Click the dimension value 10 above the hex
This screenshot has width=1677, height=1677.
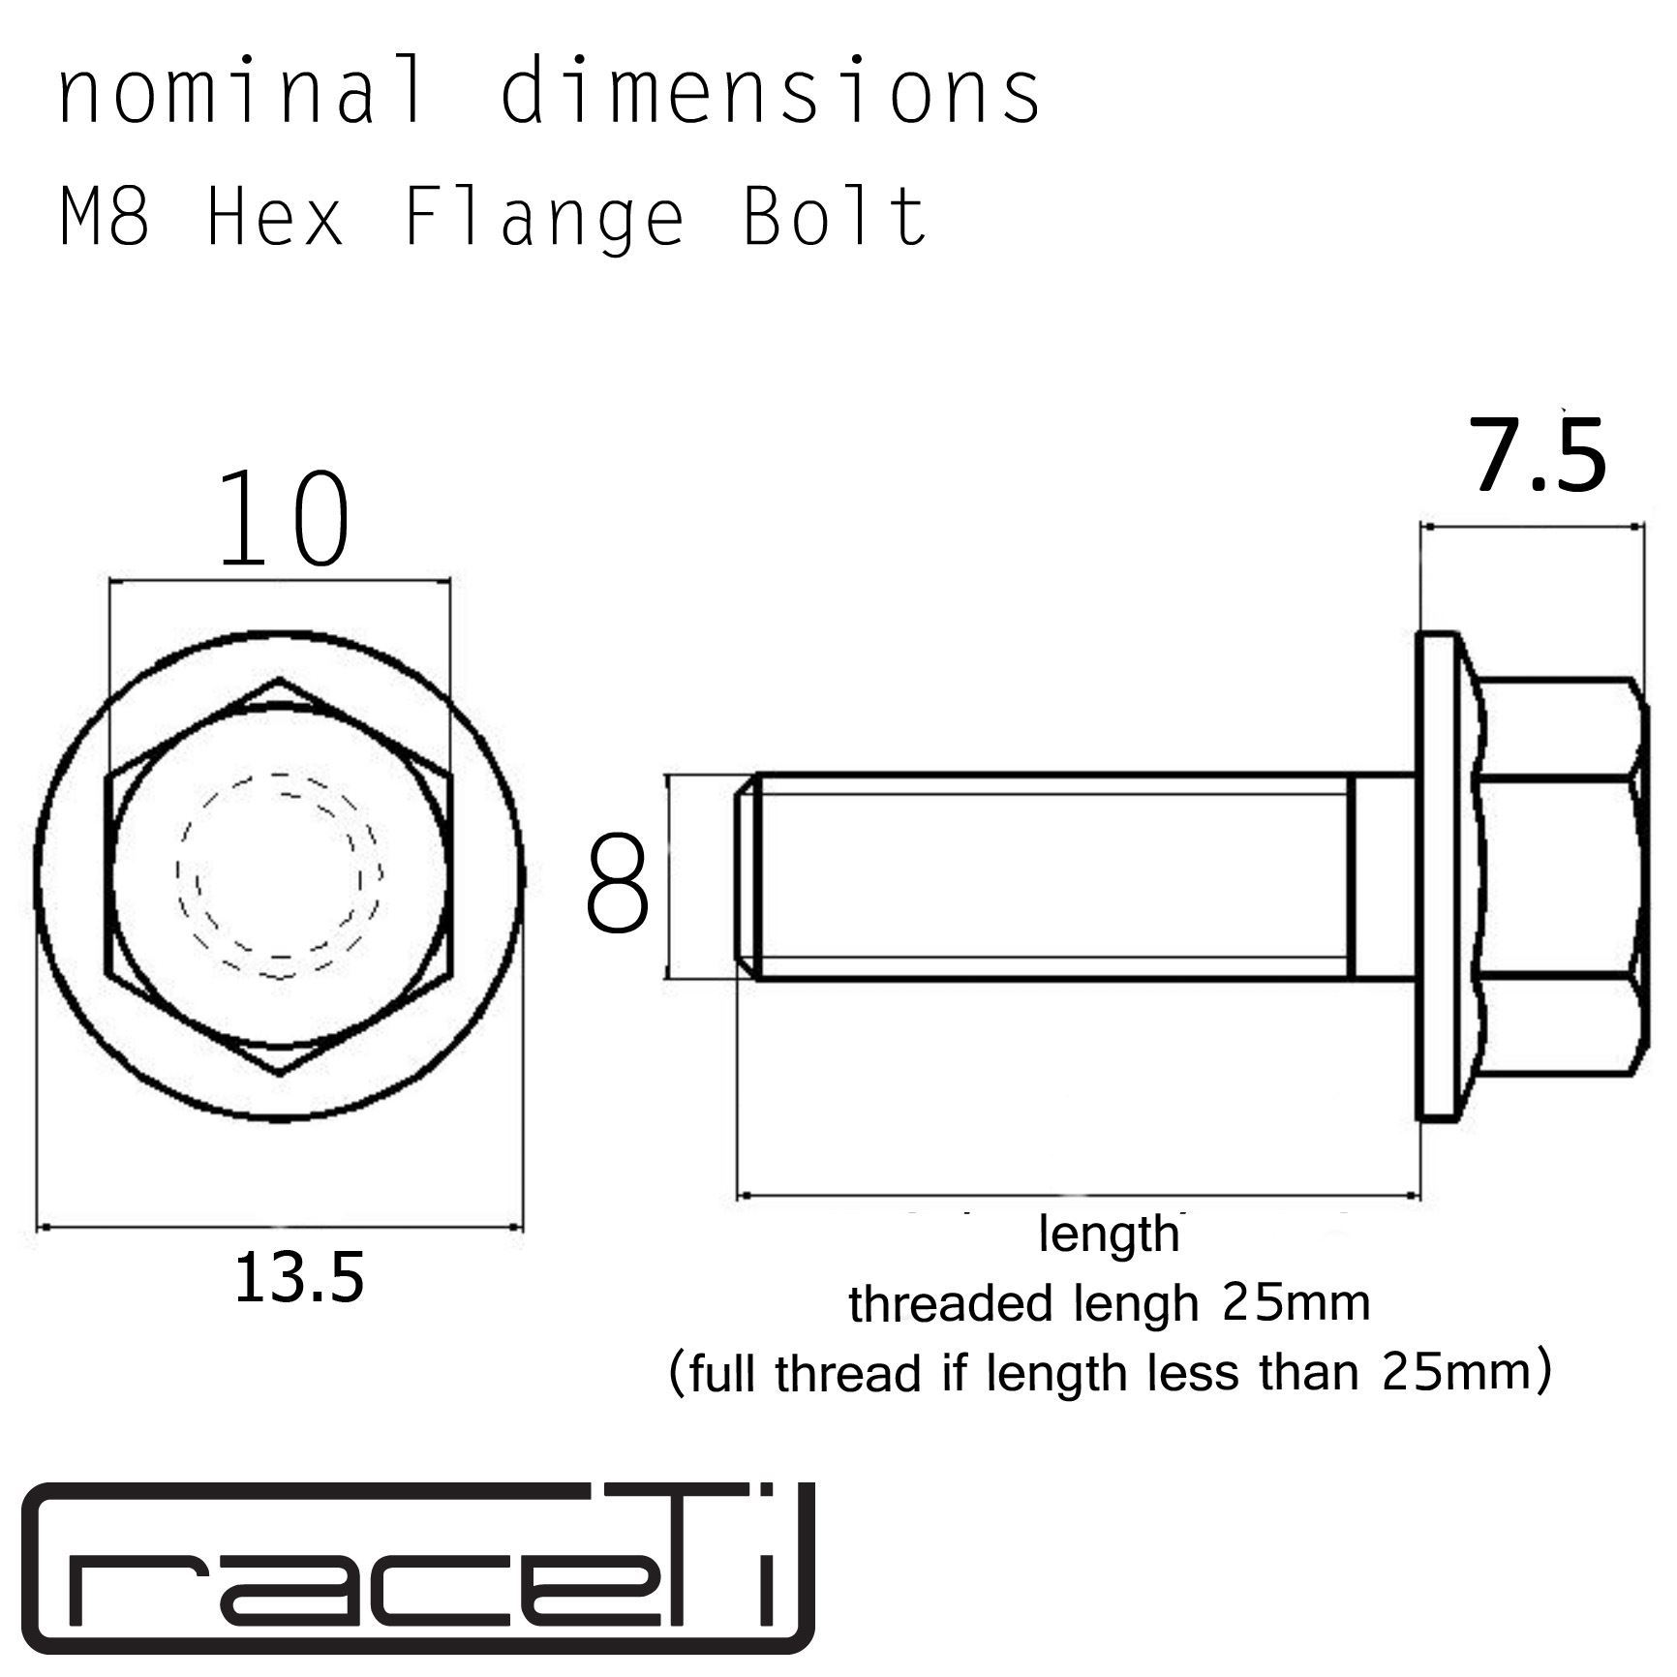pos(284,520)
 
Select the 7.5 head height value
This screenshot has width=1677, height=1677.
pos(1539,455)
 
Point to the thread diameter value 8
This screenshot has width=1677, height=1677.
pos(617,887)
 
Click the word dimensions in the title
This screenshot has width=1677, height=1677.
pos(770,92)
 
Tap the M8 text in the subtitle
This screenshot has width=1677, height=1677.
pos(106,217)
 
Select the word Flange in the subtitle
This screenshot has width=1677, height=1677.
pos(543,219)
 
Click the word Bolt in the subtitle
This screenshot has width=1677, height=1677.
pos(835,217)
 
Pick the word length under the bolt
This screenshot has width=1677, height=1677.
pos(1109,1235)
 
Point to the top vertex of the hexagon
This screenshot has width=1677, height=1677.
pos(280,680)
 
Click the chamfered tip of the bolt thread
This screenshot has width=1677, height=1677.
pos(745,877)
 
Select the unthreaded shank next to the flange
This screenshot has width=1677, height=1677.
pos(1384,877)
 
